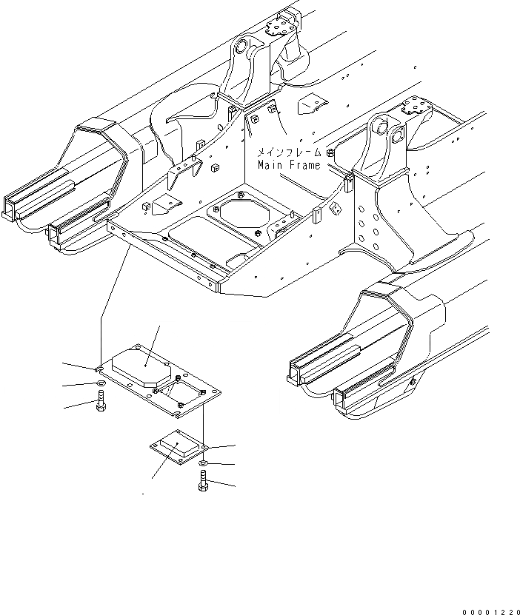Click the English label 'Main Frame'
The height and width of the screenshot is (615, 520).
coord(289,165)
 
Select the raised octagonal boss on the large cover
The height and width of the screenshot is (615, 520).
coord(141,365)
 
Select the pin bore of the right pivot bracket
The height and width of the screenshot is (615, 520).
coord(381,132)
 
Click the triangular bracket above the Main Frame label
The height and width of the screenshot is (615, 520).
coord(311,105)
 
